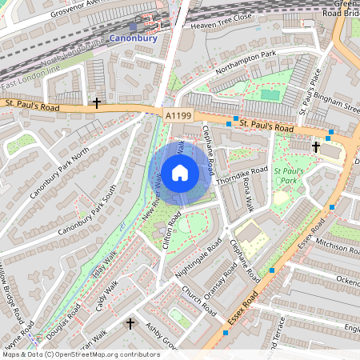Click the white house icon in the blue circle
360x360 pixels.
[x=180, y=172]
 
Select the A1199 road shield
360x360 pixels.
[x=178, y=117]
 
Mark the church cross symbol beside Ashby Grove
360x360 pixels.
[x=130, y=324]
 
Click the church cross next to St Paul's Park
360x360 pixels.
[x=315, y=147]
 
